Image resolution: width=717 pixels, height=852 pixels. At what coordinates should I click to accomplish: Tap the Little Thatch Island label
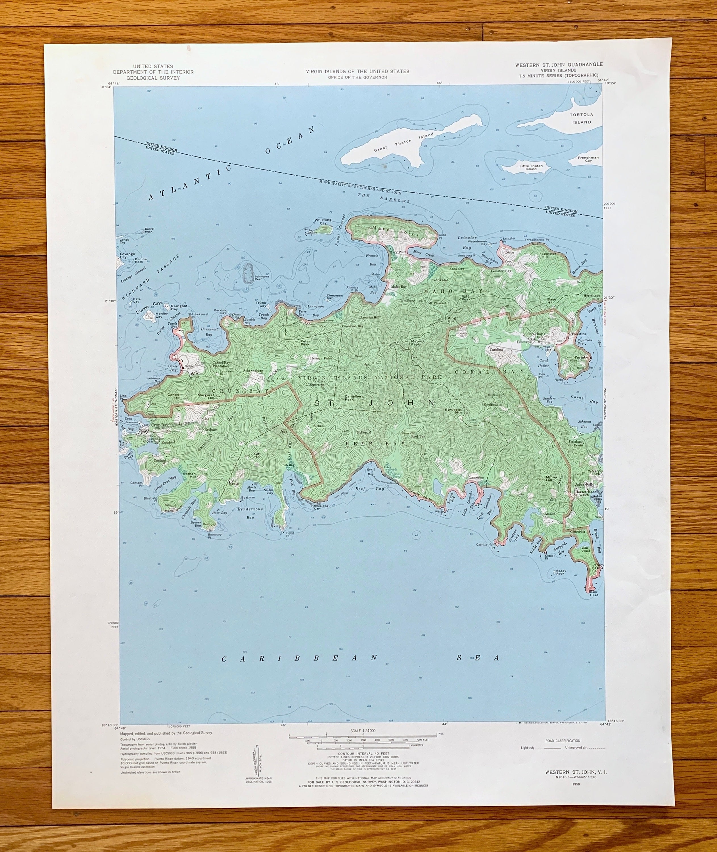(x=531, y=167)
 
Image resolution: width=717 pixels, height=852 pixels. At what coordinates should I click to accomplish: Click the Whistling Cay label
(x=323, y=221)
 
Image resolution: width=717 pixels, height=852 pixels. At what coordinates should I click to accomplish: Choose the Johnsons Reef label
(x=262, y=278)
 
